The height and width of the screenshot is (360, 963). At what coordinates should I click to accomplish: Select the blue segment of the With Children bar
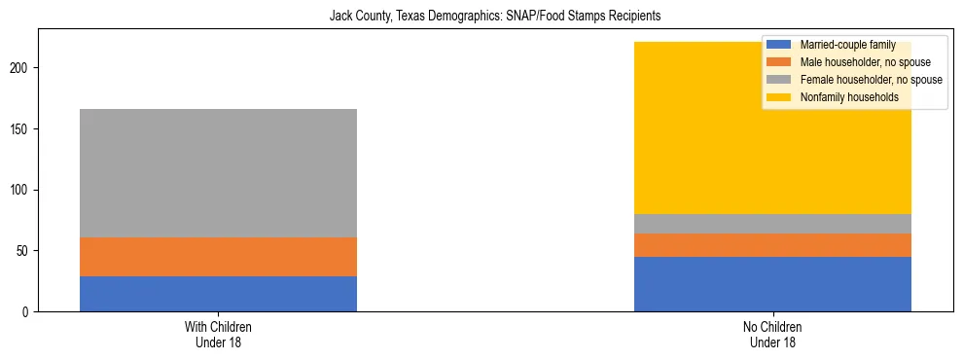click(218, 294)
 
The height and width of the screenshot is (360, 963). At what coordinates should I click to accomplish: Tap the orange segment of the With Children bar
click(218, 257)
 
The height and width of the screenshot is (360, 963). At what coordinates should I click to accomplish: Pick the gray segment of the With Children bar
click(218, 173)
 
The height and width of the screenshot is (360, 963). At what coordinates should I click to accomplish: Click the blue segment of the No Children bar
click(772, 284)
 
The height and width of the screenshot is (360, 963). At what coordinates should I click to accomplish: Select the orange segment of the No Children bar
click(772, 245)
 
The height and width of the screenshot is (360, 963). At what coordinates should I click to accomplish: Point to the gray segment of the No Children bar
click(772, 224)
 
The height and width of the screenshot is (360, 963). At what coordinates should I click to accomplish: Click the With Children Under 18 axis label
click(218, 335)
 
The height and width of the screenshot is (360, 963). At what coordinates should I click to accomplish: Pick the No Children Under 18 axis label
click(772, 335)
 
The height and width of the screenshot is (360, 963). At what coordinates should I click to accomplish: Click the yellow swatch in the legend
click(779, 97)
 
